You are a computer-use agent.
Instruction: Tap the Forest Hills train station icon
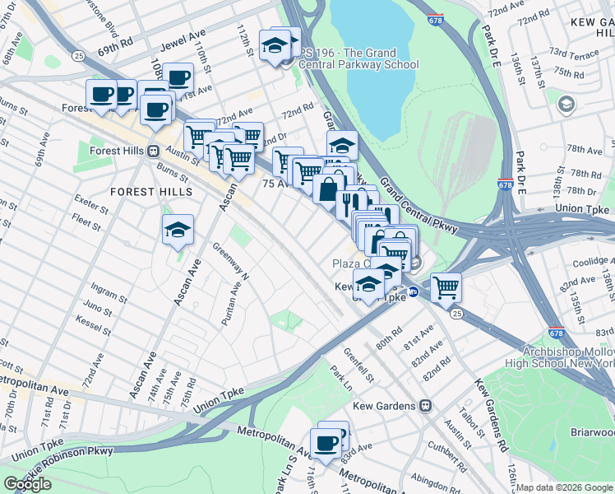(x=153, y=151)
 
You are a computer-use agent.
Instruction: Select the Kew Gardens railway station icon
(x=425, y=405)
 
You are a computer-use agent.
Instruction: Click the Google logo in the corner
(x=28, y=484)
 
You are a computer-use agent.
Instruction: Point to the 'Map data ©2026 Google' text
(x=564, y=487)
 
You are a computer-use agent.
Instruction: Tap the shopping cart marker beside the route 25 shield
(x=446, y=288)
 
